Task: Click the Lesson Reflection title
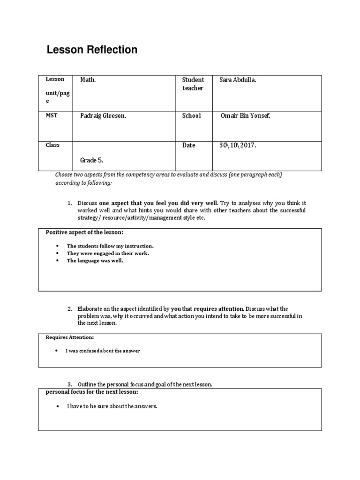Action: (92, 50)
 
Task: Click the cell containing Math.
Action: (88, 80)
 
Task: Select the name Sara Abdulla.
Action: (238, 80)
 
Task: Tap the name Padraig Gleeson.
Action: (103, 116)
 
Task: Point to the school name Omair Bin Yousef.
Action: (245, 116)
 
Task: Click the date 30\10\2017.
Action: (238, 145)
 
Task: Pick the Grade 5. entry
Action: (91, 160)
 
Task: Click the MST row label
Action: (51, 115)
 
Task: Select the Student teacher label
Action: (193, 84)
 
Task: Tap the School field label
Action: (191, 116)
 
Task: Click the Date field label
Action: (188, 145)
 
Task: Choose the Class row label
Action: (52, 145)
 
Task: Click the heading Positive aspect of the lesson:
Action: (84, 232)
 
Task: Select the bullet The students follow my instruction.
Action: (110, 246)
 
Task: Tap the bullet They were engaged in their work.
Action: (108, 253)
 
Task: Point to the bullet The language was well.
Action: (95, 261)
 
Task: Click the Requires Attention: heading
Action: (69, 337)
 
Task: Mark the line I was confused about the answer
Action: (103, 351)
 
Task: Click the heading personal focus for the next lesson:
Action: (92, 392)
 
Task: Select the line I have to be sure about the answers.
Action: (112, 406)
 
